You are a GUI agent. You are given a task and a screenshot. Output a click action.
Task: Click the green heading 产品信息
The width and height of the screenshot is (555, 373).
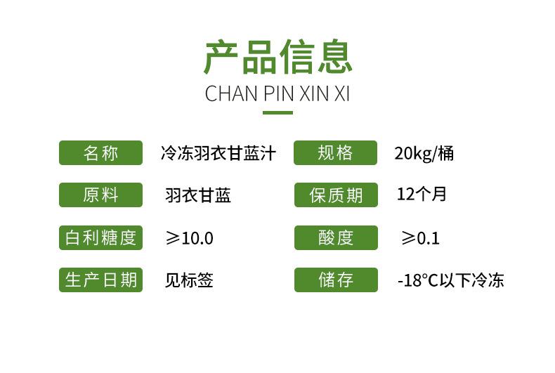[x=277, y=57]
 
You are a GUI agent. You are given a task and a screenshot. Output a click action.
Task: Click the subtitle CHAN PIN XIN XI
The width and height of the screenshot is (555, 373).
[x=277, y=94]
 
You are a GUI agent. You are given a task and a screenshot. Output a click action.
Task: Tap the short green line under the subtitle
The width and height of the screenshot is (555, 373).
[x=277, y=112]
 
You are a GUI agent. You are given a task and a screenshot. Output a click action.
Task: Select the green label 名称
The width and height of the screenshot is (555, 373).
[x=100, y=153]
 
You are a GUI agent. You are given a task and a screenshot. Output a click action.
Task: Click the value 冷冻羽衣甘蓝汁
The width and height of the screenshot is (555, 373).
[x=218, y=153]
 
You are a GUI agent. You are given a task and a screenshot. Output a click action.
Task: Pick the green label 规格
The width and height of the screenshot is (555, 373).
[x=335, y=153]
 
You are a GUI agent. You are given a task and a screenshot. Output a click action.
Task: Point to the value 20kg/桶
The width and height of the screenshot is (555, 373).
[x=424, y=153]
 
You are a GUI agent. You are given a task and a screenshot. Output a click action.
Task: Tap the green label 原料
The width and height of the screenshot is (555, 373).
[x=100, y=195]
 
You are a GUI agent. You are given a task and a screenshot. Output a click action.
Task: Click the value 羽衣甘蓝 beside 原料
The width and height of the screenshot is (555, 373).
[x=198, y=195]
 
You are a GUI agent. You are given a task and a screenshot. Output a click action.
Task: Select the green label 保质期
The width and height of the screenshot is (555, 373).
[x=335, y=195]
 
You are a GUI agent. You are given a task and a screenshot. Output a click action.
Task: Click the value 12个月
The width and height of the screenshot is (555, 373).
[x=422, y=194]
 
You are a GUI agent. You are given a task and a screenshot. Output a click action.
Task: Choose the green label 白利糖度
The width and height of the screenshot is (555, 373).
[x=100, y=237]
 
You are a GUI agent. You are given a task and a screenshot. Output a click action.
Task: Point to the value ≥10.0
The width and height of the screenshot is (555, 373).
[x=189, y=238]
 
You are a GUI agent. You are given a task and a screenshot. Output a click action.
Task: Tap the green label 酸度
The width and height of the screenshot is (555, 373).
[x=335, y=237]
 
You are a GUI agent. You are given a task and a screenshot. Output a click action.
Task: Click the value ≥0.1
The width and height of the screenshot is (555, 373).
[x=420, y=238]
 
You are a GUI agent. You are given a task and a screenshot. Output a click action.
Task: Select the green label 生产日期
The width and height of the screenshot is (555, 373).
[x=100, y=280]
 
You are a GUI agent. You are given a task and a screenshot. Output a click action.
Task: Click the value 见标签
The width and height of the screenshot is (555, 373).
[x=189, y=280]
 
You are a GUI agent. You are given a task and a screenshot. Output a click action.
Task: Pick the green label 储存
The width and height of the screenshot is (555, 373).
[x=335, y=280]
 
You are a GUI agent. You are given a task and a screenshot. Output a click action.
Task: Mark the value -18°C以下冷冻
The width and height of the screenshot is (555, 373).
[x=450, y=281]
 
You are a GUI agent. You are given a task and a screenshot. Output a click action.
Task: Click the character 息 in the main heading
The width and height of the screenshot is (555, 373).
[x=334, y=57]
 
